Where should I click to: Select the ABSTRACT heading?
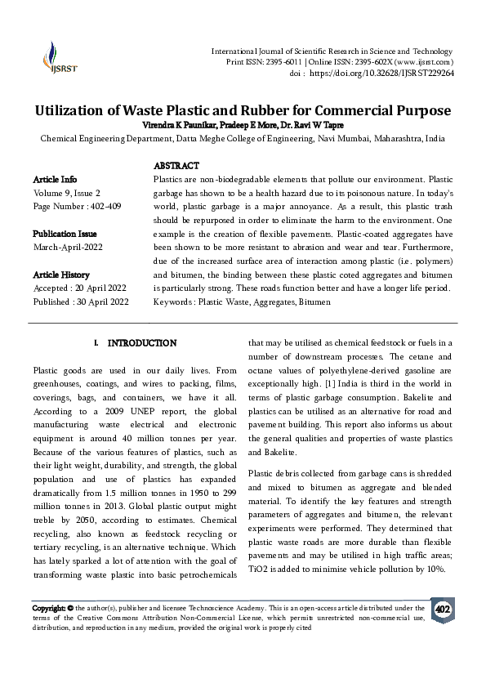pos(176,165)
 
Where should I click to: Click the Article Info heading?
pos(56,179)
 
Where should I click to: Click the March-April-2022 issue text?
pos(66,247)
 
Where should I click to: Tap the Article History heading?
pos(61,275)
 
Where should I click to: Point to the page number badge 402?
pos(443,610)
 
